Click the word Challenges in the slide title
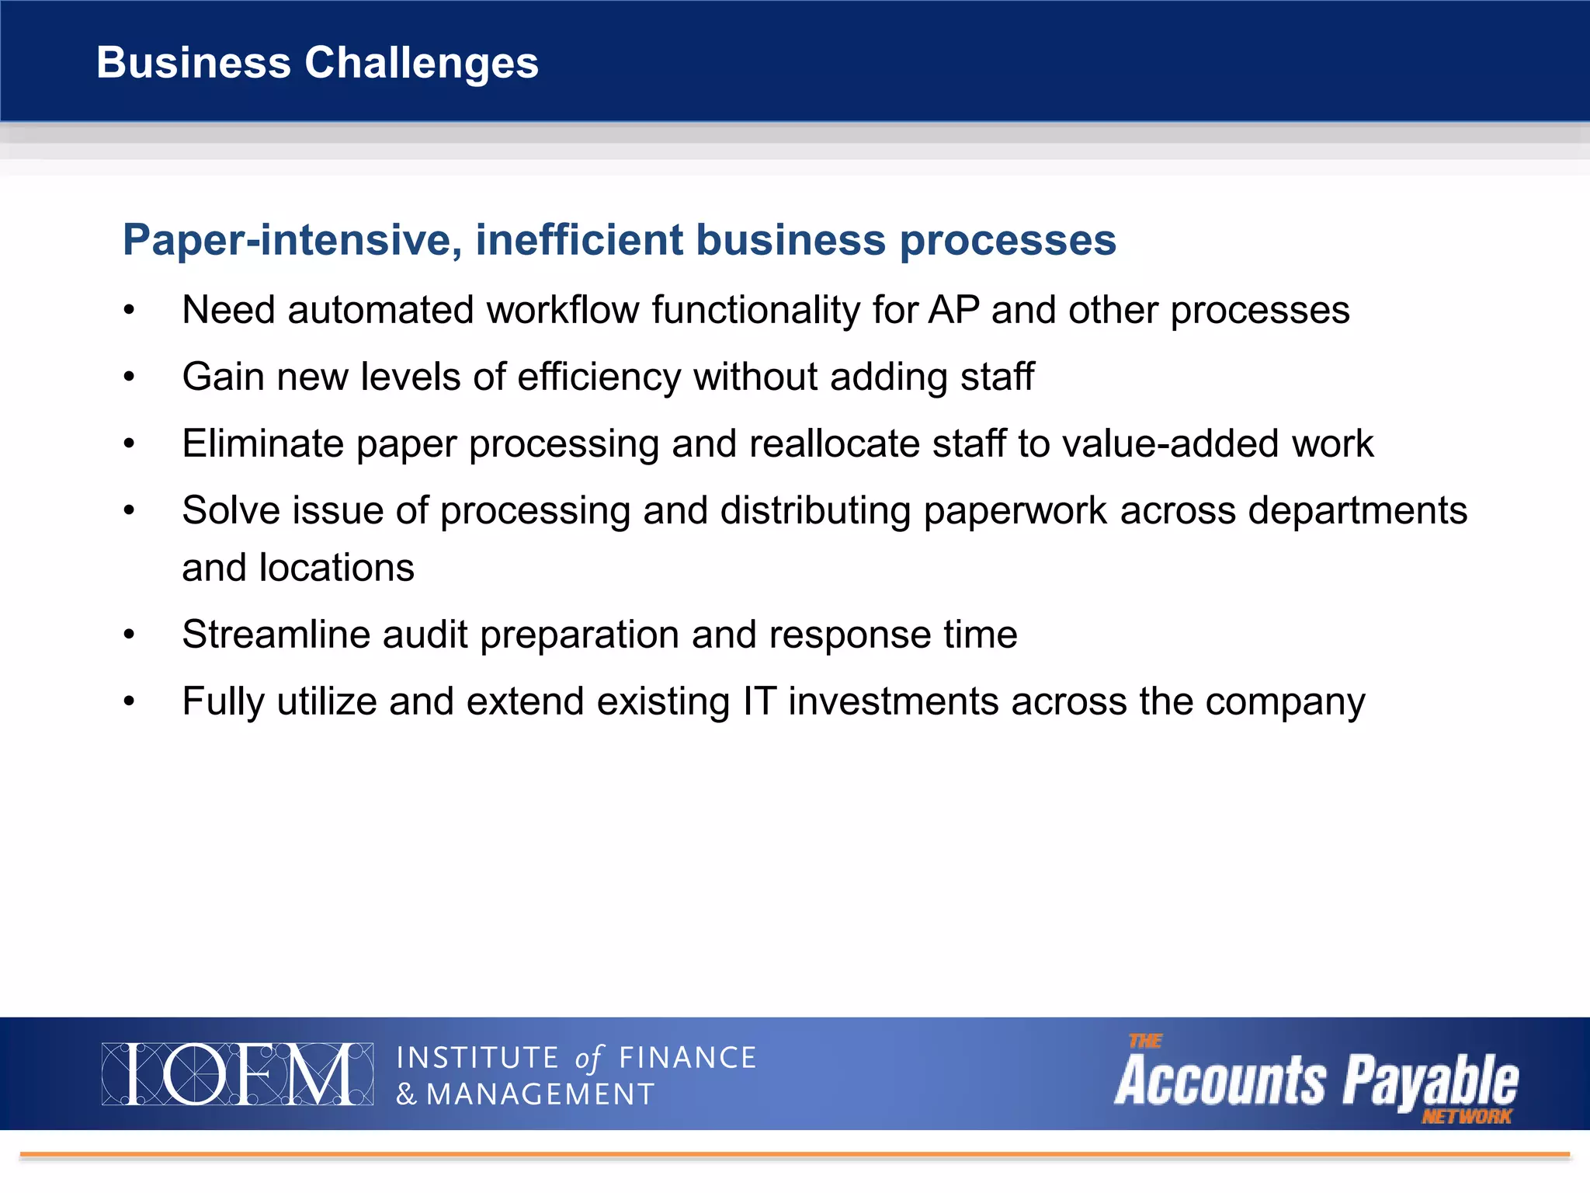pyautogui.click(x=421, y=63)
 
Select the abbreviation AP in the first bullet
pyautogui.click(x=953, y=310)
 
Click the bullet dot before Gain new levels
pyautogui.click(x=130, y=377)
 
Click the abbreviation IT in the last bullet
pyautogui.click(x=759, y=701)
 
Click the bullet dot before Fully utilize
pyautogui.click(x=130, y=701)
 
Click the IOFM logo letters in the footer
pyautogui.click(x=237, y=1074)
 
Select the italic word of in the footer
pyautogui.click(x=588, y=1059)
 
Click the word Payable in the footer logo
pyautogui.click(x=1430, y=1080)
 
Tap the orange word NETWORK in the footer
pyautogui.click(x=1466, y=1117)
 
